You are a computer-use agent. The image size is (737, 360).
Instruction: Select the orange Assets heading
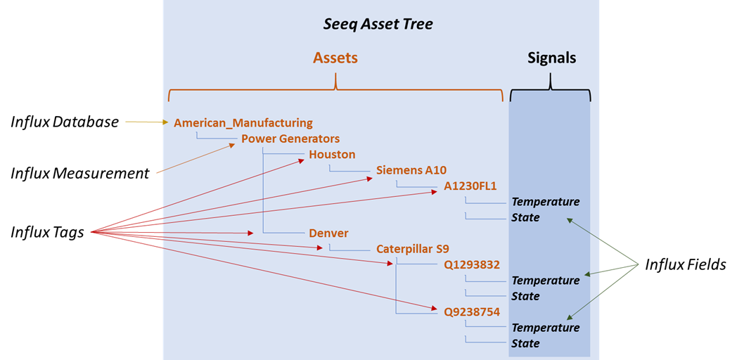click(335, 58)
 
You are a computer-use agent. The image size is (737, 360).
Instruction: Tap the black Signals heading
click(551, 58)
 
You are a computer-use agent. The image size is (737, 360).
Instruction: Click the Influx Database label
click(65, 122)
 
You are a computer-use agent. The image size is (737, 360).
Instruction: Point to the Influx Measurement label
click(79, 173)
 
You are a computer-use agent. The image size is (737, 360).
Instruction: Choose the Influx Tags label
click(47, 232)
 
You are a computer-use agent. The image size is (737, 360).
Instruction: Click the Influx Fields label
click(686, 264)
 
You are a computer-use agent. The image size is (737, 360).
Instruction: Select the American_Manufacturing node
click(243, 123)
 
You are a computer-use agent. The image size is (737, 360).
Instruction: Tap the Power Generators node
click(290, 139)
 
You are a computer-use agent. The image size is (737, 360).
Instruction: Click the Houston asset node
click(332, 155)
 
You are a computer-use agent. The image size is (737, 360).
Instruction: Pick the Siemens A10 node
click(411, 170)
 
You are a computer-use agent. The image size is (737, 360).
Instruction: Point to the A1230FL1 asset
click(470, 186)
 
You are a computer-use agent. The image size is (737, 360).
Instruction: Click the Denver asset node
click(328, 233)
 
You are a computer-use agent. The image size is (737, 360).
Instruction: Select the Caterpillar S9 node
click(413, 249)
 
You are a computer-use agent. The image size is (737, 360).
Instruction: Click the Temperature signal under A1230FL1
click(546, 202)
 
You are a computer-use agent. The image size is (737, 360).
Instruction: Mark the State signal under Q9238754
click(525, 344)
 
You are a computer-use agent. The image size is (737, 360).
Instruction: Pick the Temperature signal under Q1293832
click(546, 281)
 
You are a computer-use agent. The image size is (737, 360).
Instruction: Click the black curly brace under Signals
click(551, 90)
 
